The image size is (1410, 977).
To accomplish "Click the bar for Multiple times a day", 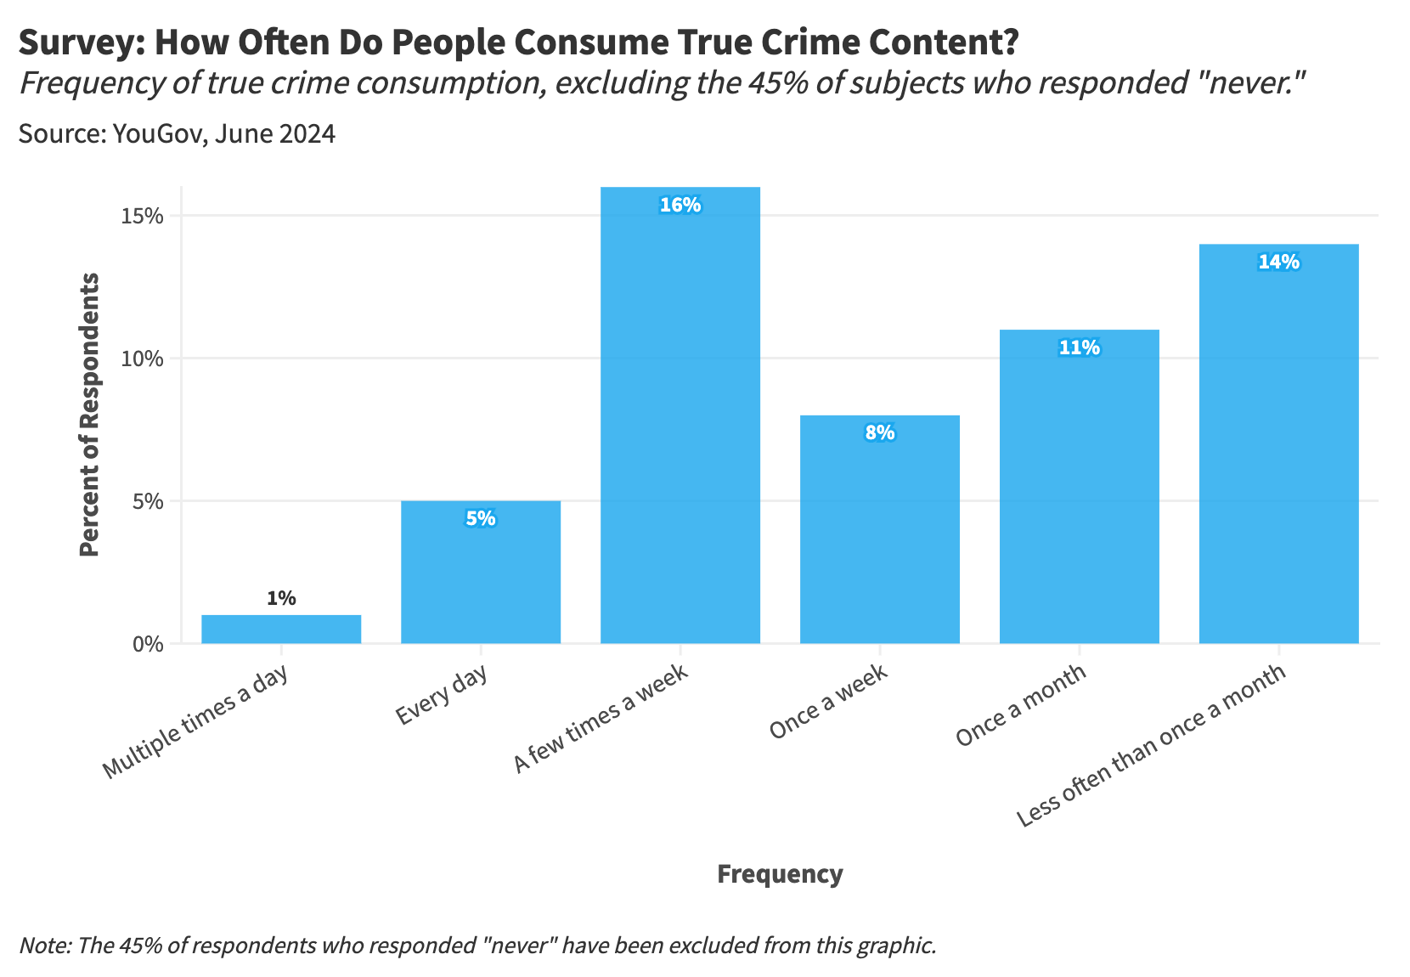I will pos(281,630).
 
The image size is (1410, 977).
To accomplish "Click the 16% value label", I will pos(680,205).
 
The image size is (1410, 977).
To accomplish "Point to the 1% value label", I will pos(281,598).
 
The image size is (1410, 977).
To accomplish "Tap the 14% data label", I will pos(1278,262).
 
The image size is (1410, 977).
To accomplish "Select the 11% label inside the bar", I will pos(1080,347).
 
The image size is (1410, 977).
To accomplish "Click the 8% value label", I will pos(880,432).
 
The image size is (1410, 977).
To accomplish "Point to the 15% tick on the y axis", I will pos(142,216).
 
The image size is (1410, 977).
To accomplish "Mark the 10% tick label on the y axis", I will pos(142,359).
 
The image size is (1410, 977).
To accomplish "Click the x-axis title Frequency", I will pos(780,874).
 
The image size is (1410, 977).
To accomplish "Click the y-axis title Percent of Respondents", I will pos(89,415).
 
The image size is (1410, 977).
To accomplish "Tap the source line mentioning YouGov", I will pos(177,134).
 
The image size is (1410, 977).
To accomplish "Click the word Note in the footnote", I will pos(43,946).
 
